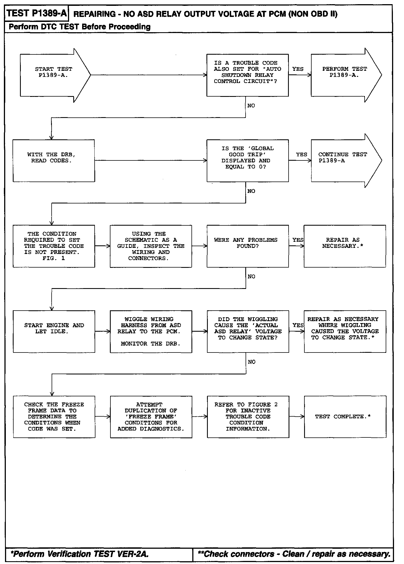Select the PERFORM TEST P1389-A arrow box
(x=344, y=75)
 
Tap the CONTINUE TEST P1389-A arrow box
(x=344, y=160)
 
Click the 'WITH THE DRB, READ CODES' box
(x=54, y=160)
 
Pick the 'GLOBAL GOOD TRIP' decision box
(x=248, y=160)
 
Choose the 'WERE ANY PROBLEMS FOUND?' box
(x=248, y=246)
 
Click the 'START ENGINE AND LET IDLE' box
(x=54, y=331)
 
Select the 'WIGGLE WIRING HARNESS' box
(x=151, y=331)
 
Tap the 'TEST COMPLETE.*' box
(x=345, y=417)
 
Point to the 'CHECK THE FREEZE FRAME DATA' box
(x=54, y=417)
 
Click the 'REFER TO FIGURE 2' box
(x=248, y=417)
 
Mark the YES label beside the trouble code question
(x=298, y=69)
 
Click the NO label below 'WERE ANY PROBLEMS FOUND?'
(x=251, y=276)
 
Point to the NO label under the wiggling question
(x=251, y=362)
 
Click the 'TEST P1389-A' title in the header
(x=36, y=13)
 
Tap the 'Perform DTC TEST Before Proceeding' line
(x=80, y=27)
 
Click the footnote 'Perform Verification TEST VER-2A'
(x=80, y=554)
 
